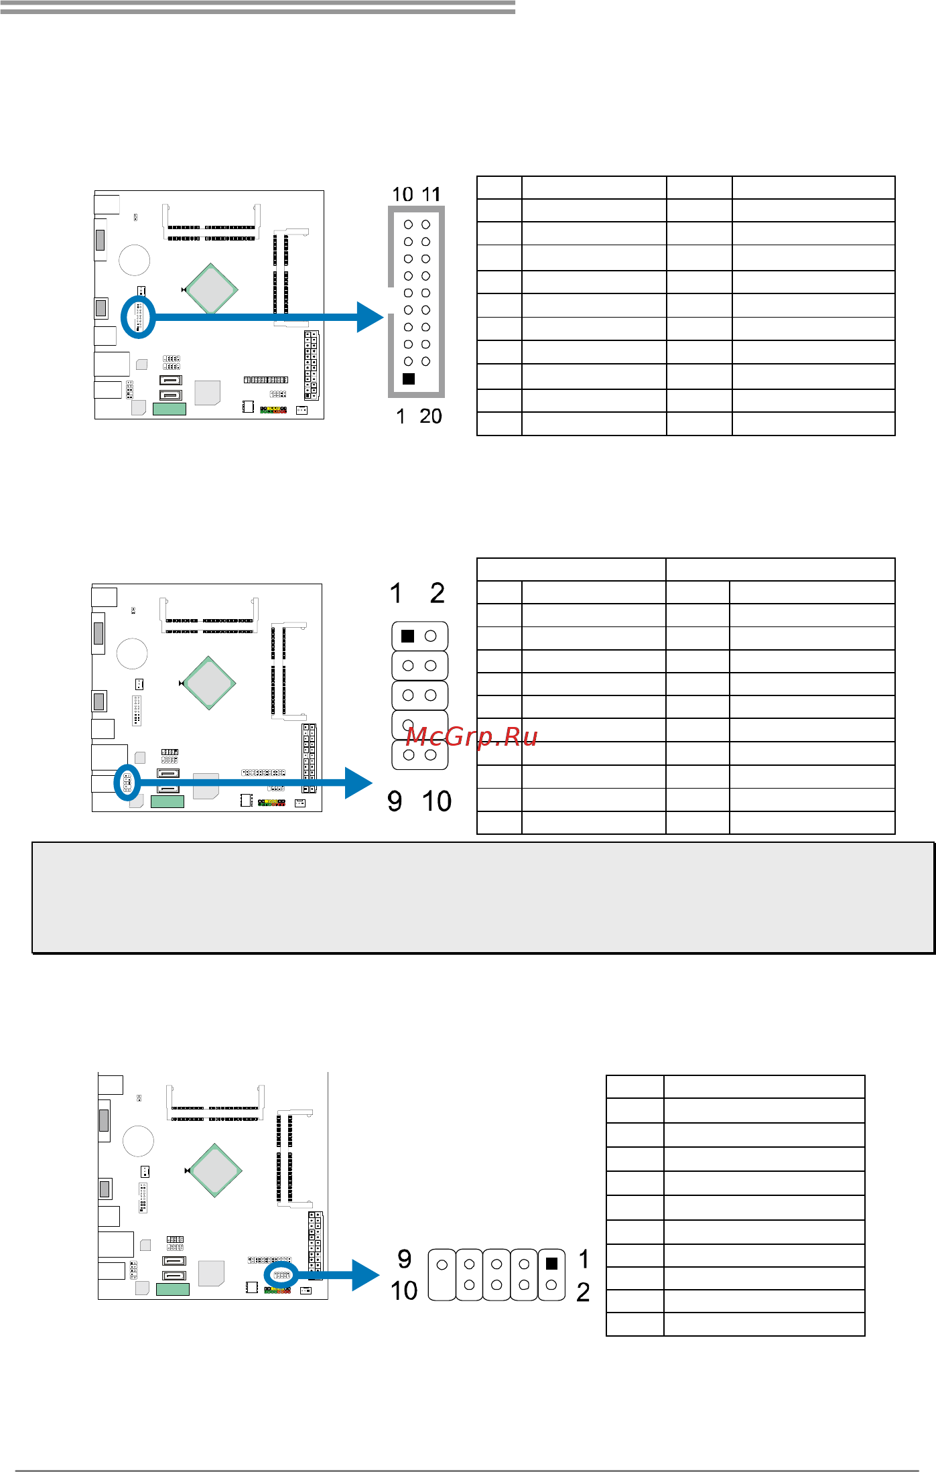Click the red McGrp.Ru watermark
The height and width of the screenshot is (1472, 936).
tap(472, 737)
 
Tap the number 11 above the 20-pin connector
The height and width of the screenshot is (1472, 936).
tap(431, 194)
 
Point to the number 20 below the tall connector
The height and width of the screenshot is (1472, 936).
tap(431, 416)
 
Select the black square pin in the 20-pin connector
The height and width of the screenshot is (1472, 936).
tap(409, 379)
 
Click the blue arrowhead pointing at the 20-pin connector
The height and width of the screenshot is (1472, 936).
tap(371, 317)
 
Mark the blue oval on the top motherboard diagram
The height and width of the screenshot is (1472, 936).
tap(138, 317)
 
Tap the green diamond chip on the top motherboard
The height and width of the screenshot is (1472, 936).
tap(211, 289)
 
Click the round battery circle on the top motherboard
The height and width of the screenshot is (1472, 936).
tap(134, 259)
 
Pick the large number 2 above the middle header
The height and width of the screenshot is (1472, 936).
tap(438, 593)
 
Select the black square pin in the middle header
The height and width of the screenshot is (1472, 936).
tap(407, 636)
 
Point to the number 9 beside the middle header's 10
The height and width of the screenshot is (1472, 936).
tap(395, 801)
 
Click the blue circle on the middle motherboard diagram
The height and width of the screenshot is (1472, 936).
tap(127, 782)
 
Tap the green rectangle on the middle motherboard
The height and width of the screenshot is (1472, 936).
tap(168, 801)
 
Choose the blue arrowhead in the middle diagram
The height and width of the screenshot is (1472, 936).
tap(358, 783)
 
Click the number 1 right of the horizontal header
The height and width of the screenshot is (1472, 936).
tap(584, 1260)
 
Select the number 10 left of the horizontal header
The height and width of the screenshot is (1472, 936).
tap(404, 1290)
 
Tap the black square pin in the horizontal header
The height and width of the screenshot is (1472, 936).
tap(551, 1263)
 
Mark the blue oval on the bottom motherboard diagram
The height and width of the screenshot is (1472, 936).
tap(281, 1275)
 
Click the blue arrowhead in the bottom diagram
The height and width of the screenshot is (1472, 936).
tap(366, 1275)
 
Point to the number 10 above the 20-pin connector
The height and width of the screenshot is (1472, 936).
tap(403, 194)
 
